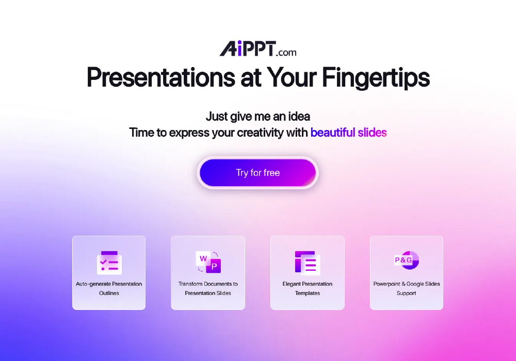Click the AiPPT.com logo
tap(258, 48)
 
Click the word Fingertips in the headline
tap(376, 78)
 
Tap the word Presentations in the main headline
tap(161, 77)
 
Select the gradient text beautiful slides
tap(348, 133)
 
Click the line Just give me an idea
tap(258, 117)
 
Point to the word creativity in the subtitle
tap(260, 133)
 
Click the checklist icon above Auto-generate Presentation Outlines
tap(109, 262)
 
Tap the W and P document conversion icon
tap(208, 262)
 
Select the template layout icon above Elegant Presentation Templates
tap(308, 262)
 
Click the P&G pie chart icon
tap(407, 260)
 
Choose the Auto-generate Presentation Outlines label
tap(109, 288)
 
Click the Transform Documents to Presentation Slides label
tap(208, 288)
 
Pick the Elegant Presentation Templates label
tap(308, 288)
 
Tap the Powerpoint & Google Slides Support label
tap(407, 288)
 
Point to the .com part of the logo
tap(286, 53)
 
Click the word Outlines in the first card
tap(109, 293)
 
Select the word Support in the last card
tap(407, 293)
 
